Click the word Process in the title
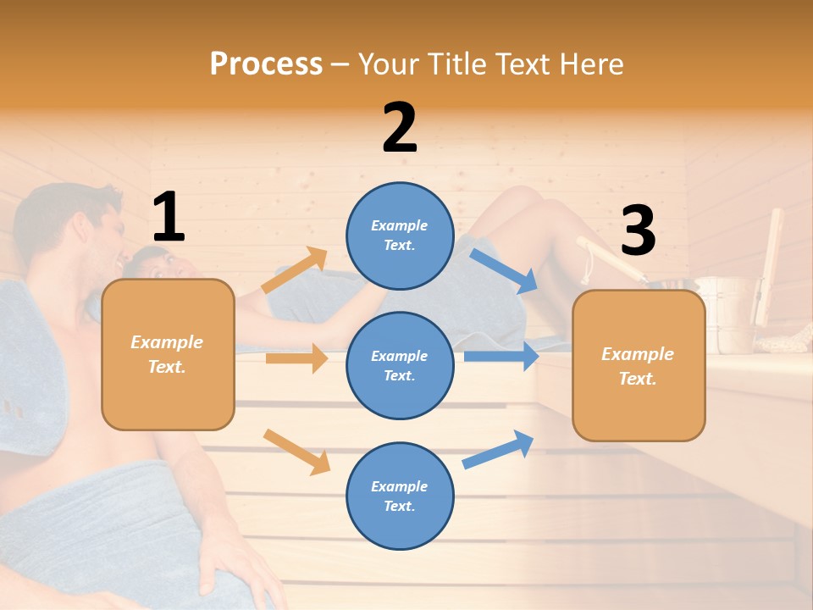pos(266,64)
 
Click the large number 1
pos(168,217)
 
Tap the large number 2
pos(400,128)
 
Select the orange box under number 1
pos(168,354)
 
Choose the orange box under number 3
pos(639,365)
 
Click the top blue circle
pos(400,235)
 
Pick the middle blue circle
pos(400,365)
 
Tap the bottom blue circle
pos(400,496)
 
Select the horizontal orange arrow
pos(296,358)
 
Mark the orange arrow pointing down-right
pos(296,452)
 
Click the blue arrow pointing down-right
pos(504,270)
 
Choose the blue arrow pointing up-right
pos(498,449)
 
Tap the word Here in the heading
pos(592,64)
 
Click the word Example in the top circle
pos(399,225)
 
